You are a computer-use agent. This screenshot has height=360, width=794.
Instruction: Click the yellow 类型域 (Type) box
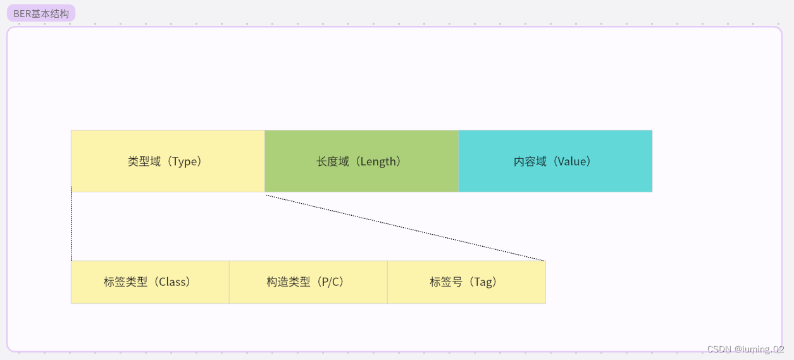coord(168,161)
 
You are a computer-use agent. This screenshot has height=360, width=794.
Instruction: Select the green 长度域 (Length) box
coord(361,161)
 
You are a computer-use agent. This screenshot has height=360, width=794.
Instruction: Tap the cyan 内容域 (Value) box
coord(555,161)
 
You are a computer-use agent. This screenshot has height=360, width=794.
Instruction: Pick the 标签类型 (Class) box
coord(150,282)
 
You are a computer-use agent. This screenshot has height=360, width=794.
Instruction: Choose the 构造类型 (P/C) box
coord(308,282)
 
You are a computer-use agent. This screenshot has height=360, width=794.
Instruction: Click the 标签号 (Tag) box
coord(466,282)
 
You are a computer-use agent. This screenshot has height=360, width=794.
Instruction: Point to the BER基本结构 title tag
coord(40,13)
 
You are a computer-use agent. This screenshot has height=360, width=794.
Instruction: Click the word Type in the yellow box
coord(186,161)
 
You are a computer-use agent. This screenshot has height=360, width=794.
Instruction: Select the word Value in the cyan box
coord(573,161)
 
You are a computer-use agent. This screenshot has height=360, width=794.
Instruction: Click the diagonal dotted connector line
coord(405,228)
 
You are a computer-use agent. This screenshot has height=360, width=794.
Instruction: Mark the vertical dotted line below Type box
coord(71,225)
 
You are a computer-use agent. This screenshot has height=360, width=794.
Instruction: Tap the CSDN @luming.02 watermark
coord(745,349)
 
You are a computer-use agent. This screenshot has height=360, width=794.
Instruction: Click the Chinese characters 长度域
coord(333,161)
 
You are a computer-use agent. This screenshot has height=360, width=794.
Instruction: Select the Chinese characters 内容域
coord(530,161)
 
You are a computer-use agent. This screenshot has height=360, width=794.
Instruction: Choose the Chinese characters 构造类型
coord(289,282)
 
